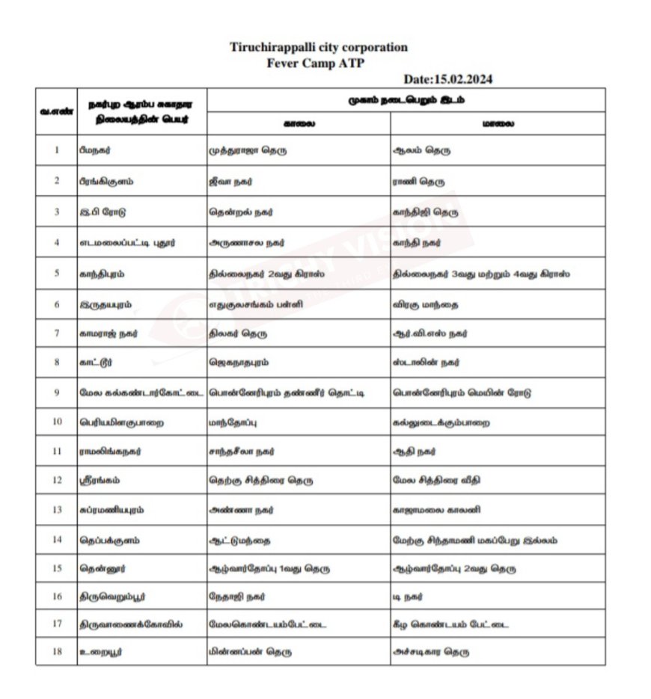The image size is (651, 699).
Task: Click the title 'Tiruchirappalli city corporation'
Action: [x=319, y=47]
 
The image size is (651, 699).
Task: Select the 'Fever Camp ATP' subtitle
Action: [x=316, y=63]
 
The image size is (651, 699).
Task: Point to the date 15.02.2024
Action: [x=447, y=79]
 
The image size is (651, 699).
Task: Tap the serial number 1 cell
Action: [x=57, y=150]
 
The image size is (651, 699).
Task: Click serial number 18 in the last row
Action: [x=57, y=651]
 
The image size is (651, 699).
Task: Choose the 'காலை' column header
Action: [x=299, y=123]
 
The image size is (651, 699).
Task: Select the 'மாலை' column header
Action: [x=498, y=123]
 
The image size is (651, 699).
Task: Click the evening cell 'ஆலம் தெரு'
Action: [x=422, y=150]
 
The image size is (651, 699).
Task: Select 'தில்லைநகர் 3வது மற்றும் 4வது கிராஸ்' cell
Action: [x=481, y=274]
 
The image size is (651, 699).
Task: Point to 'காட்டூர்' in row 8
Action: [x=96, y=363]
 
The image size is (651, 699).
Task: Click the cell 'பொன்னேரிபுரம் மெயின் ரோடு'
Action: [x=462, y=392]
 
